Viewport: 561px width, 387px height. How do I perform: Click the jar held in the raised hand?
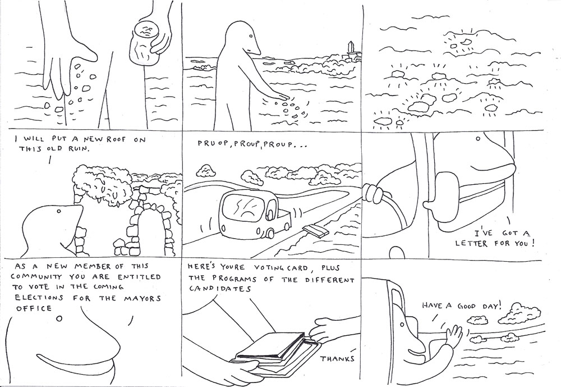(x=142, y=44)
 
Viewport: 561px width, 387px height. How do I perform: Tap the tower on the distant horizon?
(x=350, y=50)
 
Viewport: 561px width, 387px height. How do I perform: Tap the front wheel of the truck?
(x=270, y=234)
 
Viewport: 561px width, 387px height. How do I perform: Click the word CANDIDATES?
(x=220, y=289)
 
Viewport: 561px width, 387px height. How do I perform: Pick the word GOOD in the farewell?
(x=466, y=306)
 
